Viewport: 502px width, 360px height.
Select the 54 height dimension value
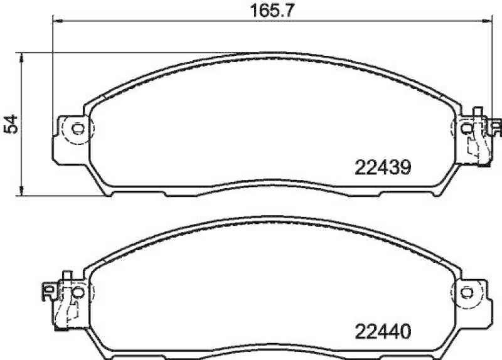(10, 124)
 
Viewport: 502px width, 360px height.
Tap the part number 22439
(382, 167)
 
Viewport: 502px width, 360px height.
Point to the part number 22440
(382, 330)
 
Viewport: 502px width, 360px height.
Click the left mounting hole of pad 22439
(78, 129)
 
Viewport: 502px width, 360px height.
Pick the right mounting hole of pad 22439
(466, 129)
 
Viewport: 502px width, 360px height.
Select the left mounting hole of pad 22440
(78, 292)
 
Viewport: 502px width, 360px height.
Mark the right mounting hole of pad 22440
(466, 292)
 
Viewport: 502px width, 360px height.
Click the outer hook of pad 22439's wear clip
(496, 129)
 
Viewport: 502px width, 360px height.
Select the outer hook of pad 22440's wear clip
(48, 290)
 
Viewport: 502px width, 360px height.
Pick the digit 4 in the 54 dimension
(10, 119)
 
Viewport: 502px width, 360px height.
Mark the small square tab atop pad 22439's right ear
(478, 111)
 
